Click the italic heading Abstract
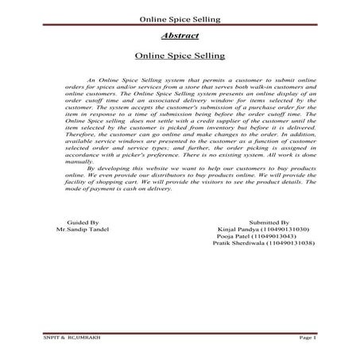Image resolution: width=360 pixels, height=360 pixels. coord(179,37)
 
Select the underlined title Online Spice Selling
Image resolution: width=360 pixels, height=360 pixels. coord(180,56)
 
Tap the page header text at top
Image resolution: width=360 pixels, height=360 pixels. coord(180,17)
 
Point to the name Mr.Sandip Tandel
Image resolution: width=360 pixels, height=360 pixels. coord(82,231)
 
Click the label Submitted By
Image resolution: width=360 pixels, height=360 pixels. coord(269,224)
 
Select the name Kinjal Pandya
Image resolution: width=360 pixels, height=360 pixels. coord(236,231)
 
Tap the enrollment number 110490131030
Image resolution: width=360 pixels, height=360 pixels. coord(285,231)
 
